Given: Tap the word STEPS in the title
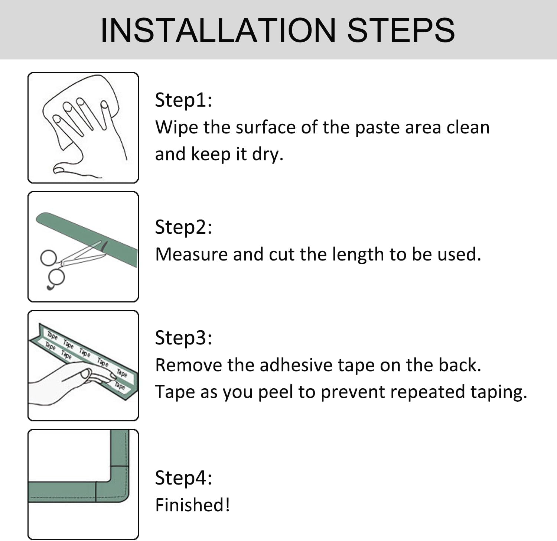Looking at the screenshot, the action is coord(401,30).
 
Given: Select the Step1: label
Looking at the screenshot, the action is coord(183,100).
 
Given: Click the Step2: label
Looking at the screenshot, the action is coord(183,227).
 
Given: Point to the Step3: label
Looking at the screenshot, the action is coord(183,338).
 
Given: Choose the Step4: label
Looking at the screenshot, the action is coord(183,478).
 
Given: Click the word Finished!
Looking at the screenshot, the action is coord(192,505).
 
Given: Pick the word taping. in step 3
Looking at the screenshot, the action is coord(499,392).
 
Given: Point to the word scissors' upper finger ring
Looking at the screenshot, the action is coord(48,257).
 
